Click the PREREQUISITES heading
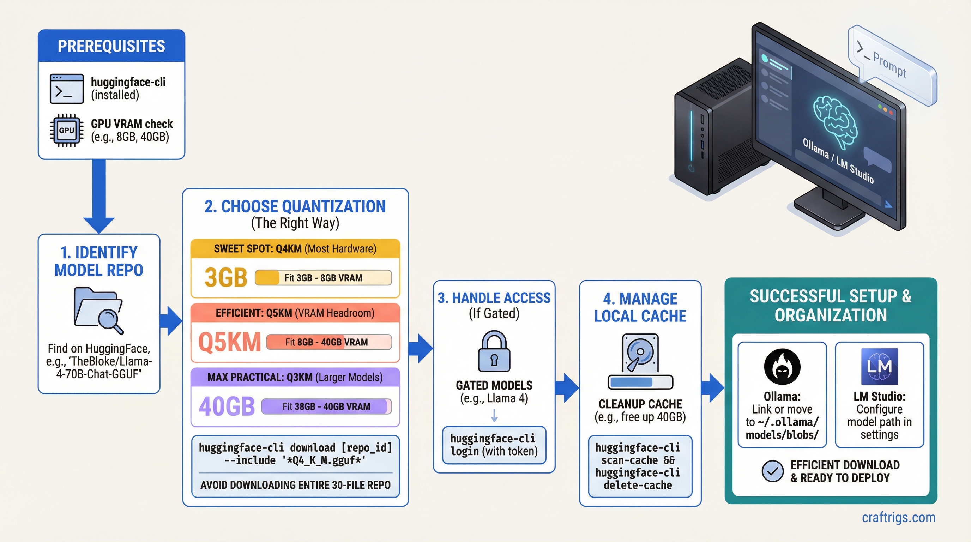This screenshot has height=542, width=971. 111,46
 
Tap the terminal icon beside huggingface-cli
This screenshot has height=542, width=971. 67,89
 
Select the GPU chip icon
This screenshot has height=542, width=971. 67,131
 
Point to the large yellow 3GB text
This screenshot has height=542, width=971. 225,278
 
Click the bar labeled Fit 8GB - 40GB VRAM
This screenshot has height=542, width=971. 329,342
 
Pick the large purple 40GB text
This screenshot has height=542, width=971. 227,406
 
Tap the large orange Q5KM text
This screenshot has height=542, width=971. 229,342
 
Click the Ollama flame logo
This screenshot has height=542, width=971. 782,366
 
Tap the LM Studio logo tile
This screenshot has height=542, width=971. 879,366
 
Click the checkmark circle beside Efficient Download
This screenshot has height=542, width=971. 772,471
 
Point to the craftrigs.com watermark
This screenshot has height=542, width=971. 898,518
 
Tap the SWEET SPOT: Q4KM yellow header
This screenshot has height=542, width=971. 295,249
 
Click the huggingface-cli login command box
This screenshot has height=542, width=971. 494,445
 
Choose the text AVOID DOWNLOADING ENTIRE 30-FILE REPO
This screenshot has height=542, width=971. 295,485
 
